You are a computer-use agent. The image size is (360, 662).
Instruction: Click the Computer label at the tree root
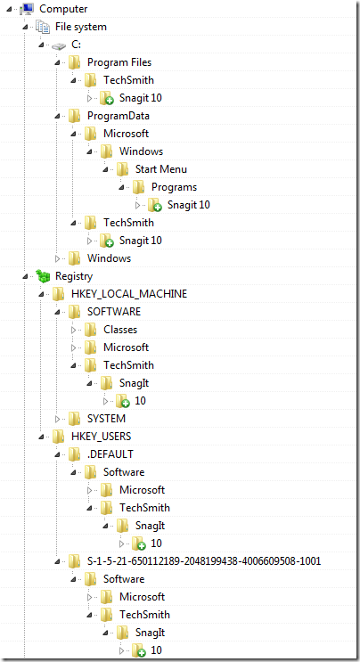click(x=63, y=9)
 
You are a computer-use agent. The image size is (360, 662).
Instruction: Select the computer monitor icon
click(x=27, y=9)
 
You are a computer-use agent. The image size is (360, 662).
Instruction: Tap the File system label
click(x=81, y=27)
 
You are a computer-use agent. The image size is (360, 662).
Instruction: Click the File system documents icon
click(x=43, y=27)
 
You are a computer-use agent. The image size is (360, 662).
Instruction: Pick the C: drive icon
click(x=59, y=45)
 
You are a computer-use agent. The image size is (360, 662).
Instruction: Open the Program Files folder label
click(x=119, y=62)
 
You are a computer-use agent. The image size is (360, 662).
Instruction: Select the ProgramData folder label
click(x=119, y=116)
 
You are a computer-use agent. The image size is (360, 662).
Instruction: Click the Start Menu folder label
click(x=161, y=169)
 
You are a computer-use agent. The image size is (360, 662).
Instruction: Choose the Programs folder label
click(x=175, y=187)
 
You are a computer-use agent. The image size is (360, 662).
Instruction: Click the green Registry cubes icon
click(x=43, y=275)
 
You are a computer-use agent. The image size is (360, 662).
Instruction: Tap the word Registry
click(x=74, y=276)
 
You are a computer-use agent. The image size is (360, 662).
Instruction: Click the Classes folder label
click(x=120, y=330)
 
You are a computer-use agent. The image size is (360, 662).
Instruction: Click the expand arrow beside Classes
click(x=73, y=330)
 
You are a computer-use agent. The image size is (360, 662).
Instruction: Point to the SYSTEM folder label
click(x=106, y=419)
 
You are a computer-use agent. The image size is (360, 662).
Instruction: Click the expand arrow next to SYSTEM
click(x=57, y=419)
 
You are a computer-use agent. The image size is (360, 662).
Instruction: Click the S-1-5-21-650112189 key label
click(x=204, y=560)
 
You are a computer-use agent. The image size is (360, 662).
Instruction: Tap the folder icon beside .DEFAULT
click(x=75, y=454)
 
